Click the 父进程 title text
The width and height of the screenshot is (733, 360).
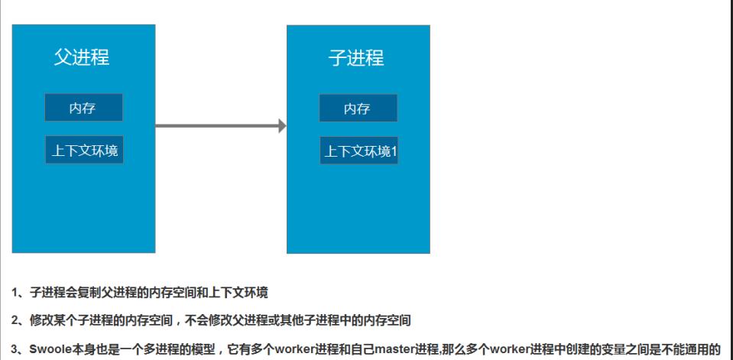[83, 57]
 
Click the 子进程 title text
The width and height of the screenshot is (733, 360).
[356, 58]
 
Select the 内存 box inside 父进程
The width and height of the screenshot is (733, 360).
[83, 108]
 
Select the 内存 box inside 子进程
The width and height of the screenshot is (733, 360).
[358, 109]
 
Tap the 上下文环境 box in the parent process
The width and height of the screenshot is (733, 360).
[84, 151]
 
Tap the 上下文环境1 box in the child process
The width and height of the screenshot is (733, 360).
[359, 151]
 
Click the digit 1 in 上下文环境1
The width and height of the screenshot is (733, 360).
[394, 151]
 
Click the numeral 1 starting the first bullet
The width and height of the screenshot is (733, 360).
[15, 293]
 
